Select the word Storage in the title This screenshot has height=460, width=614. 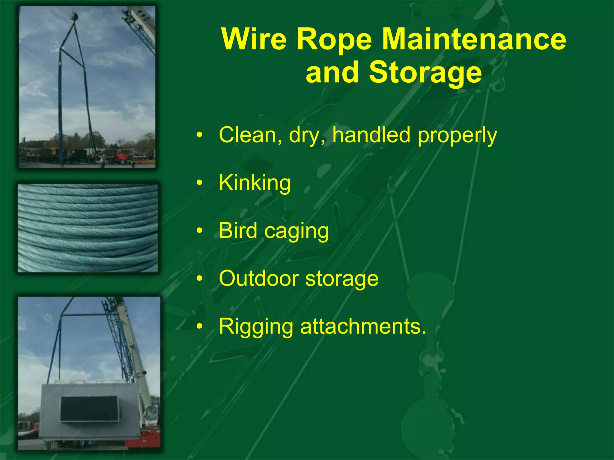pyautogui.click(x=425, y=72)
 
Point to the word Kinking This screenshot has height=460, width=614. pyautogui.click(x=255, y=183)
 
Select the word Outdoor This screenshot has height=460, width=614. pyautogui.click(x=258, y=279)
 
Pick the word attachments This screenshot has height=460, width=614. pyautogui.click(x=362, y=326)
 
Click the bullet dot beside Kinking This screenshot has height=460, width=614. pyautogui.click(x=199, y=183)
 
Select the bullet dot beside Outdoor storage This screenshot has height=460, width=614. pyautogui.click(x=199, y=279)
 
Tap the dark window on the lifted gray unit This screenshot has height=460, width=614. pyautogui.click(x=89, y=409)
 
